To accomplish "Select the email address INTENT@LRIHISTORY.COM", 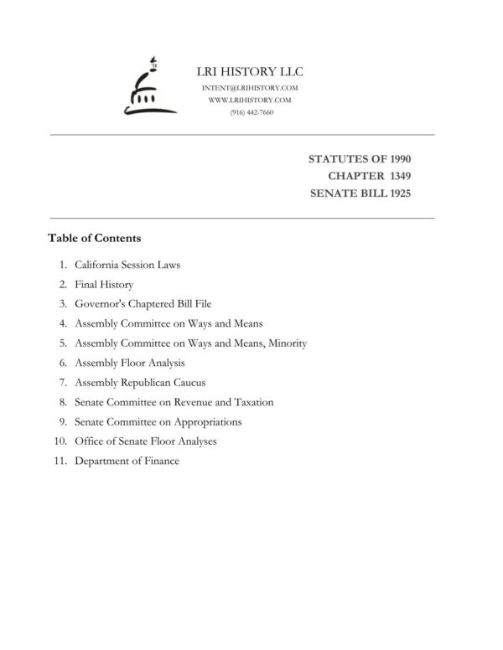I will [x=251, y=88].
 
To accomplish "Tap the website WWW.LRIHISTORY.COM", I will [x=251, y=100].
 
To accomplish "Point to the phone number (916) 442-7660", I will [x=251, y=111].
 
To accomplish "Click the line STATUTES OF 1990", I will [x=360, y=158].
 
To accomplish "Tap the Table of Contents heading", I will [x=94, y=238].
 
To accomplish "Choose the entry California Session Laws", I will [x=127, y=266].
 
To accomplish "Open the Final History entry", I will [x=104, y=285].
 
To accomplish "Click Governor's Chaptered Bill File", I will [x=148, y=304].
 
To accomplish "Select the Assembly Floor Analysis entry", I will [x=129, y=363].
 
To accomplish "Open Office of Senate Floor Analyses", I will [x=145, y=441].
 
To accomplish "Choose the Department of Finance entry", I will [x=127, y=461].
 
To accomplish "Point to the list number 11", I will [x=60, y=461].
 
